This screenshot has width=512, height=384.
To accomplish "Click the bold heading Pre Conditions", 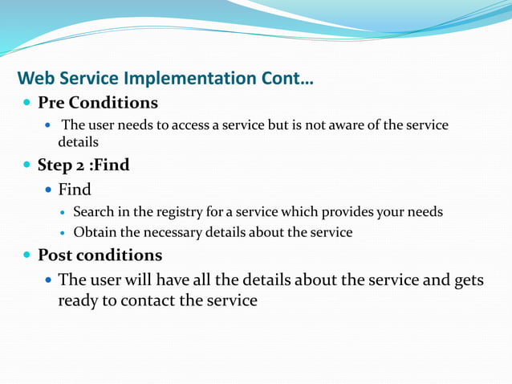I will (x=98, y=104).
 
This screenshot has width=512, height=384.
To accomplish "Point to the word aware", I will (x=349, y=125).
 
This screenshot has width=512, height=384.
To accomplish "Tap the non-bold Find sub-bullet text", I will (x=75, y=190).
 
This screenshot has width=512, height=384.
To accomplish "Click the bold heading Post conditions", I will (x=100, y=255).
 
